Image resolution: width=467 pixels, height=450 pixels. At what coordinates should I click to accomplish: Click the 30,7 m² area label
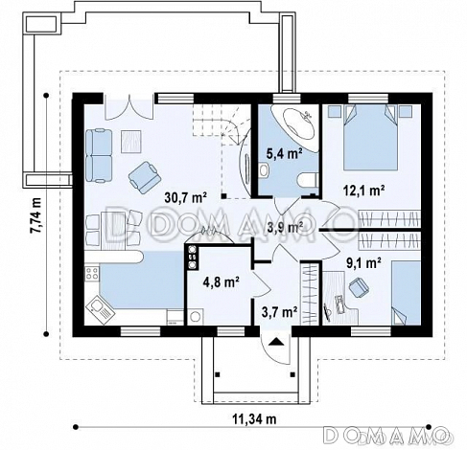186,197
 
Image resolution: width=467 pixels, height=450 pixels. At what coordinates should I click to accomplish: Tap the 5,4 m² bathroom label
285,154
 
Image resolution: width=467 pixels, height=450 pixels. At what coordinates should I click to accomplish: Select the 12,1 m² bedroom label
363,191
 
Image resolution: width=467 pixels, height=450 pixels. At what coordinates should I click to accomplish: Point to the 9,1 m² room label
363,263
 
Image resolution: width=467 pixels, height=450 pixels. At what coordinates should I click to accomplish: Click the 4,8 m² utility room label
222,281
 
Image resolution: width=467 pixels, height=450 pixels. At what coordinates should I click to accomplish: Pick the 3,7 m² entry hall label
280,312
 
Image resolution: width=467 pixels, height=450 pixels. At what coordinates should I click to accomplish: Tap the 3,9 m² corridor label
285,227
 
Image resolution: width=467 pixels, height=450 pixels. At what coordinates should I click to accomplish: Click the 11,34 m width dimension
254,418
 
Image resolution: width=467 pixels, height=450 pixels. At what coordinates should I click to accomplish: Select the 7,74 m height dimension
35,215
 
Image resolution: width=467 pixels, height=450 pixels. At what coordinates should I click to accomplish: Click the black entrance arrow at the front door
275,342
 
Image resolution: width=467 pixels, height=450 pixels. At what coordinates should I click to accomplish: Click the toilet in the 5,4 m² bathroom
308,180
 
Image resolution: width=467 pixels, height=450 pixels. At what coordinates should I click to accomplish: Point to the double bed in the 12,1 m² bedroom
371,137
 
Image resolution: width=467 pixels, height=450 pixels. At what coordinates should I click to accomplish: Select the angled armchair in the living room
145,177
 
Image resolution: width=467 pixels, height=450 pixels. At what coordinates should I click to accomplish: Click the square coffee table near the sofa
131,141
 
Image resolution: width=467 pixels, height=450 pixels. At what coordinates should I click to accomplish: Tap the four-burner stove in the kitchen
92,274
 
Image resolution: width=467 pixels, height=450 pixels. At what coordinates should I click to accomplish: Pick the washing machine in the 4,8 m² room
196,317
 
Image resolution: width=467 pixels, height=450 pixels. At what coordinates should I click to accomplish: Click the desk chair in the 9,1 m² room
359,287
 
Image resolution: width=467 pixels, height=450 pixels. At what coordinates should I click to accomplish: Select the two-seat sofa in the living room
99,155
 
